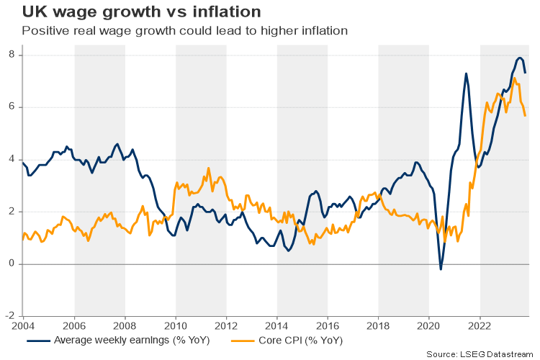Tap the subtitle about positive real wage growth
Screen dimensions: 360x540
coord(185,31)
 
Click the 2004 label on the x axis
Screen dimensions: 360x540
coord(23,325)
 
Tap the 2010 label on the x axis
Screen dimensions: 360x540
coord(176,325)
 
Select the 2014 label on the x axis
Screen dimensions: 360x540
coord(277,325)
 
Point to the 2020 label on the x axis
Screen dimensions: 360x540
coord(429,325)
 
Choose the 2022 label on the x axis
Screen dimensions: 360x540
coord(480,325)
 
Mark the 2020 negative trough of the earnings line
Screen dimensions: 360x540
coord(441,269)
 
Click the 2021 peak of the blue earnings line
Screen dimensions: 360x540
coord(466,73)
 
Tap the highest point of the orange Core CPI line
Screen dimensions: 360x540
coord(514,78)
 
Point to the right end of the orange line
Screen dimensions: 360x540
coord(526,116)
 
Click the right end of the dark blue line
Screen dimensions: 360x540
coord(526,73)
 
